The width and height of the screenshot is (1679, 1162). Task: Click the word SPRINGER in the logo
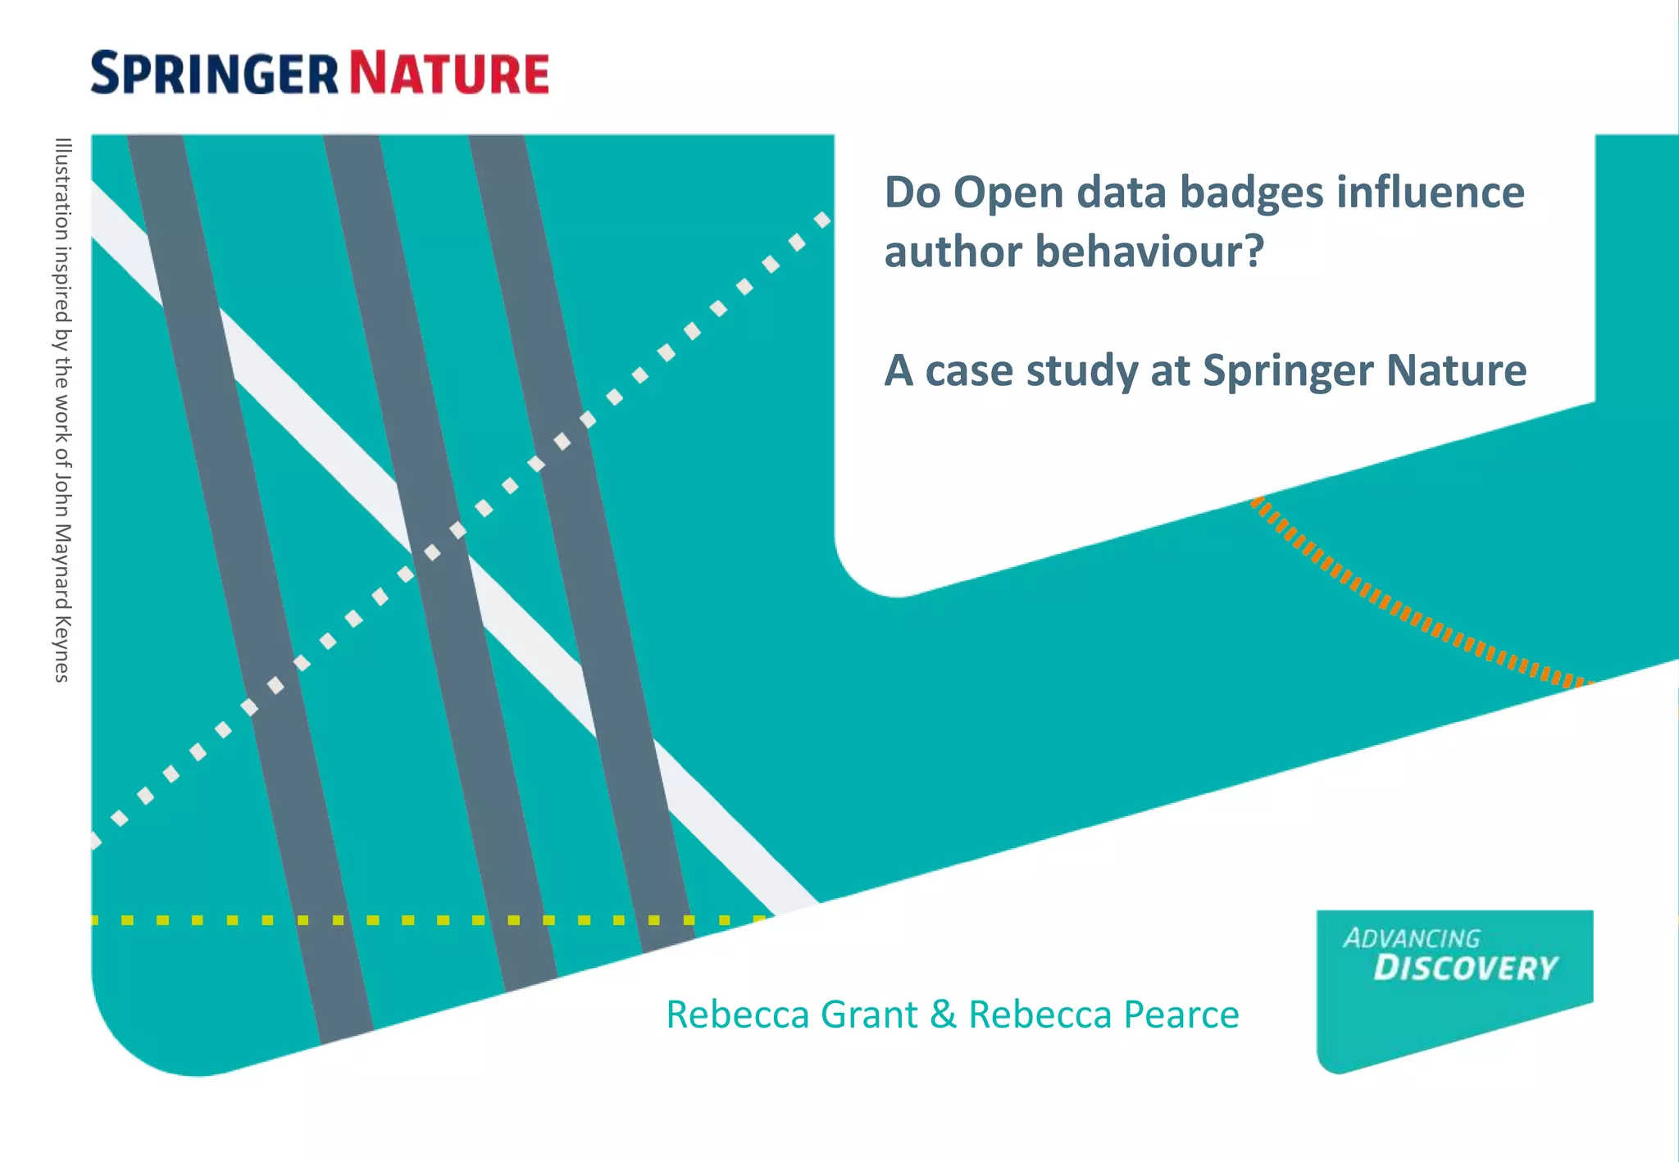click(214, 73)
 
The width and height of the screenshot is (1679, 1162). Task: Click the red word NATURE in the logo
click(449, 73)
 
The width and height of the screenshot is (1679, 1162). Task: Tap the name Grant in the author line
click(869, 1014)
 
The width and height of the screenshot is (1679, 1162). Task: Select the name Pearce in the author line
click(1181, 1014)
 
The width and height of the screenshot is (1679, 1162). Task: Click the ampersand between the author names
click(943, 1014)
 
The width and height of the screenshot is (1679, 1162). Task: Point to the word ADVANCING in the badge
click(1412, 938)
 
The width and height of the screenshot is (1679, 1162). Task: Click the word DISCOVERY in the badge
click(1465, 969)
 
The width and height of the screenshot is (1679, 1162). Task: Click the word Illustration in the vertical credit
click(62, 188)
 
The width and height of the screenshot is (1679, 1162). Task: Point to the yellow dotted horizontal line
click(410, 920)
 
